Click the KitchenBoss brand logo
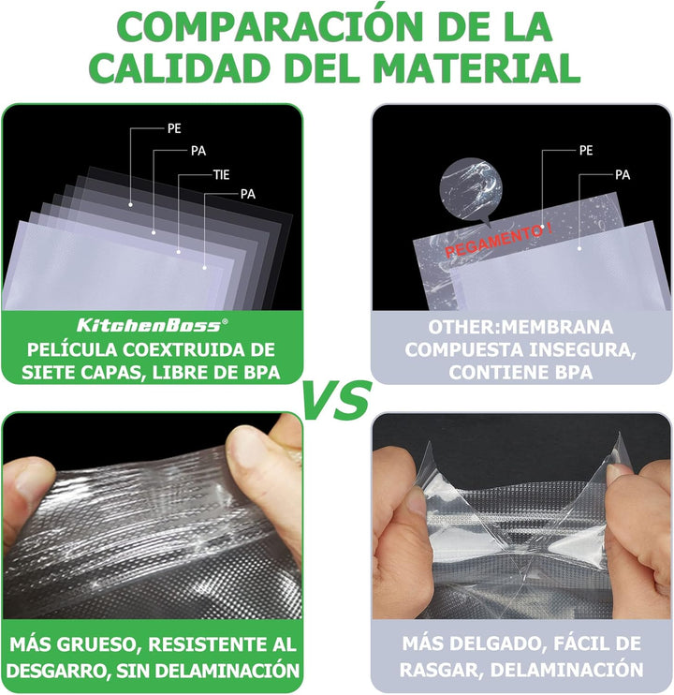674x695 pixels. coord(152,325)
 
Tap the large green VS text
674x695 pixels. coord(336,400)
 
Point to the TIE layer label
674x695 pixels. coord(222,174)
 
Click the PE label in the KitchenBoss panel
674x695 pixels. coord(174,128)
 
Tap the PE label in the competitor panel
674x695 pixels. coord(586,151)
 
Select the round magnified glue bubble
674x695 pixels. coord(471,188)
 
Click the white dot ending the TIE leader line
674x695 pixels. coord(179,252)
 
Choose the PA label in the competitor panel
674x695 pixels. coord(623,175)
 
